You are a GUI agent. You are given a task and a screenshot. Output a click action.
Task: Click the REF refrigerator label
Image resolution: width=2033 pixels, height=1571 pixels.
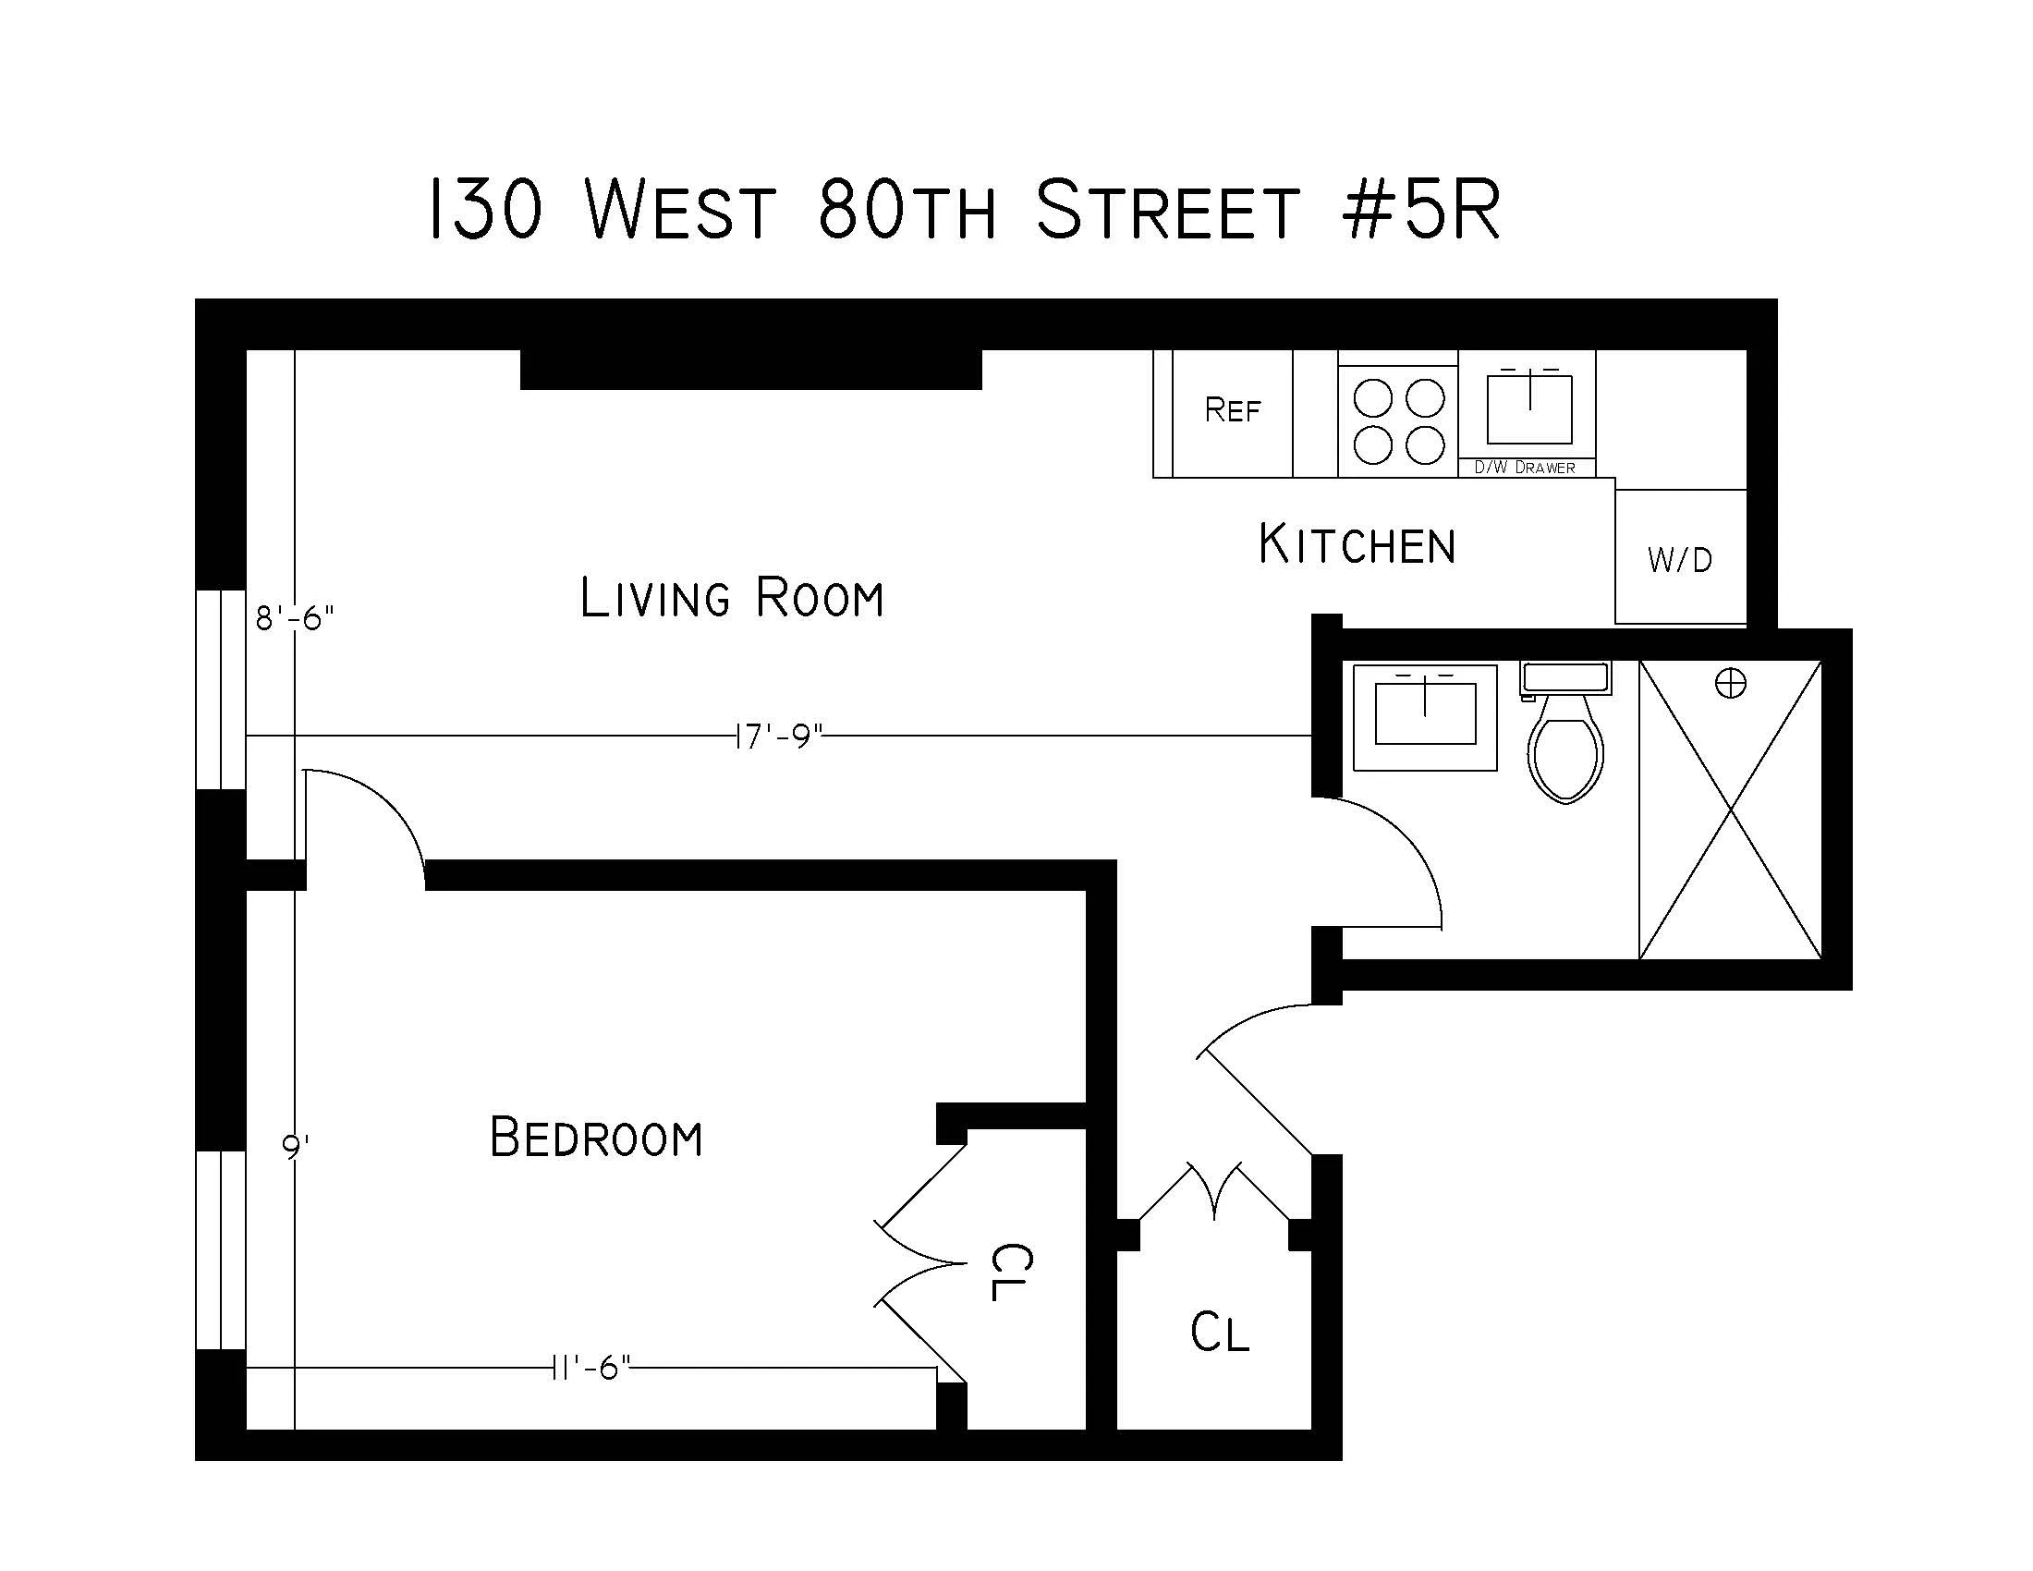(x=1232, y=410)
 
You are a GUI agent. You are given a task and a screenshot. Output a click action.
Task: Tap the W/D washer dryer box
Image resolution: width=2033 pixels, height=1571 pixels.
(x=1679, y=558)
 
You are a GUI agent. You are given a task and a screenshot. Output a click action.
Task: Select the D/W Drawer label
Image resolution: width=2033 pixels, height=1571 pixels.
(x=1525, y=468)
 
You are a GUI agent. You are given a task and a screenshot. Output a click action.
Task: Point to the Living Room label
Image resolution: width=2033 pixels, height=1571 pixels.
(x=732, y=598)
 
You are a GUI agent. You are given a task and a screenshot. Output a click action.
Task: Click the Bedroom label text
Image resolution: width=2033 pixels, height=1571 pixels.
(x=596, y=1138)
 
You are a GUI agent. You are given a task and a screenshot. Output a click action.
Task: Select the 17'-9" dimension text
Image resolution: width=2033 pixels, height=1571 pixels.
(x=778, y=737)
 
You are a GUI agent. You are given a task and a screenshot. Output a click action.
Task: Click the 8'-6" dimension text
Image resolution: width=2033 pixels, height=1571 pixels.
(x=294, y=617)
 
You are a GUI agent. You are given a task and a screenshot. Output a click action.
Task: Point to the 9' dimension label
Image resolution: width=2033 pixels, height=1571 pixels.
(x=294, y=1148)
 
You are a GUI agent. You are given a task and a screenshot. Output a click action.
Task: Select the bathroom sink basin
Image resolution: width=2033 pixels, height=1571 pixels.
(x=1425, y=713)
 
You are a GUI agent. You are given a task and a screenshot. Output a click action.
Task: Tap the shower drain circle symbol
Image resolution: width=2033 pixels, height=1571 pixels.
(x=1731, y=684)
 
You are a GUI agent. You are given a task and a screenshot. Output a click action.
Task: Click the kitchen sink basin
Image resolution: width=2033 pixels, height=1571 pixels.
(x=1528, y=410)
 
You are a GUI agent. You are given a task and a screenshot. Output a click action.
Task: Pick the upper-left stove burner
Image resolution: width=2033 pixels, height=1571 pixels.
(x=1372, y=399)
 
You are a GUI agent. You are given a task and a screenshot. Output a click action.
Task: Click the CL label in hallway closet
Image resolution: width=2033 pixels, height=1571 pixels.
(x=1219, y=1332)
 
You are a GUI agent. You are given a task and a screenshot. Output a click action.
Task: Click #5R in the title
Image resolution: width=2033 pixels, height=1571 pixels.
(x=1421, y=212)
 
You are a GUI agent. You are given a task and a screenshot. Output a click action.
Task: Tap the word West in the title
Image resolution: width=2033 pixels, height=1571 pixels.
(x=680, y=212)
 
